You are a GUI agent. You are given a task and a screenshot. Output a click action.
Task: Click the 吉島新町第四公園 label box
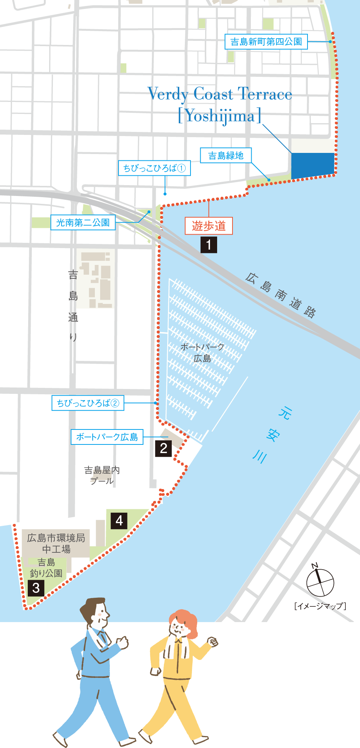pyautogui.click(x=266, y=42)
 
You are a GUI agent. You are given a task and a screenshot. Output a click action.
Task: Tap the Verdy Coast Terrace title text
pyautogui.click(x=220, y=94)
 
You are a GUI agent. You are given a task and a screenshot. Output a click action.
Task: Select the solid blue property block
pyautogui.click(x=313, y=165)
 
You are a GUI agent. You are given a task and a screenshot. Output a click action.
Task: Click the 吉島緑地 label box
pyautogui.click(x=226, y=155)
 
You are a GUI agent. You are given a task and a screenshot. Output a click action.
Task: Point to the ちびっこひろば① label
pyautogui.click(x=154, y=168)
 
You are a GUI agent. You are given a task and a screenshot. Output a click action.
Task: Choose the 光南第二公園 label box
pyautogui.click(x=83, y=223)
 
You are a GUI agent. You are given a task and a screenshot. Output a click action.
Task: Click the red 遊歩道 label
pyautogui.click(x=209, y=226)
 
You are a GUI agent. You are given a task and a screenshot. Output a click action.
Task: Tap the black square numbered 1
pyautogui.click(x=209, y=245)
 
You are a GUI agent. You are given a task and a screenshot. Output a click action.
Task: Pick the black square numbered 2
pyautogui.click(x=163, y=448)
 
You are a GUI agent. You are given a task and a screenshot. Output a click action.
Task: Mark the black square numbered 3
pyautogui.click(x=36, y=588)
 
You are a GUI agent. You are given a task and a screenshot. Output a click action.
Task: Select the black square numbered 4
pyautogui.click(x=119, y=521)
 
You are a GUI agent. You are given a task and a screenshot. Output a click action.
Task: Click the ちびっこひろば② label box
pyautogui.click(x=88, y=403)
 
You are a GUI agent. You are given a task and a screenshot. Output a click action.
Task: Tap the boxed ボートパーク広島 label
pyautogui.click(x=107, y=437)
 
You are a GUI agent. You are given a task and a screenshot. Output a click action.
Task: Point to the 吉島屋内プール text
pyautogui.click(x=102, y=475)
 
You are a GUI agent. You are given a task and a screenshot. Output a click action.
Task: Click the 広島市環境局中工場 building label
pyautogui.click(x=56, y=543)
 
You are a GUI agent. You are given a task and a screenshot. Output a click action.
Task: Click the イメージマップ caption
pyautogui.click(x=320, y=606)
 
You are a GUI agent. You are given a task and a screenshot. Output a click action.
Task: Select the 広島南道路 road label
pyautogui.click(x=280, y=295)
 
